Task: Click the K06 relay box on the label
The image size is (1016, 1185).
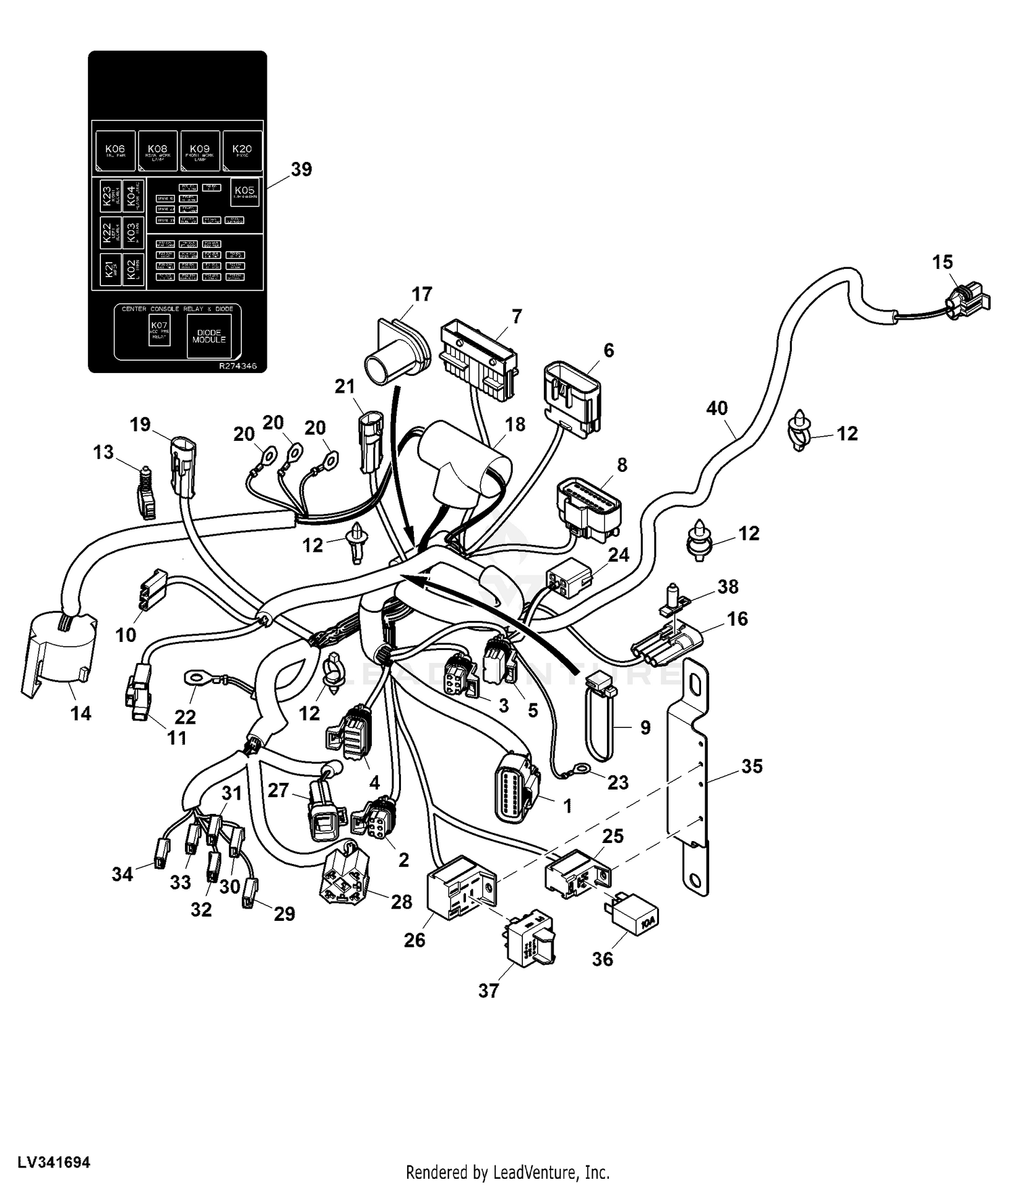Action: (x=115, y=151)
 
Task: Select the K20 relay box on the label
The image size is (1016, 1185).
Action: (x=242, y=151)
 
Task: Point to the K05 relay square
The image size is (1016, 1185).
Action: (x=245, y=192)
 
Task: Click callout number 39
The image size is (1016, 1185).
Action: (x=301, y=169)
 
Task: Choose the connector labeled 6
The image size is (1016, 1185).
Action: (x=572, y=396)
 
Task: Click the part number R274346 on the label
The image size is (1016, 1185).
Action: (x=238, y=366)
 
